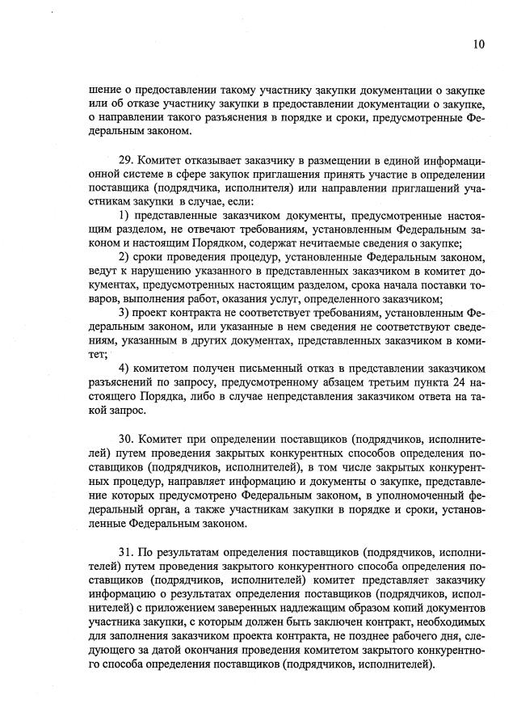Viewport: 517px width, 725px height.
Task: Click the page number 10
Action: point(479,45)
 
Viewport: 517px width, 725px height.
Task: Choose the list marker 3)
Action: point(124,312)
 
